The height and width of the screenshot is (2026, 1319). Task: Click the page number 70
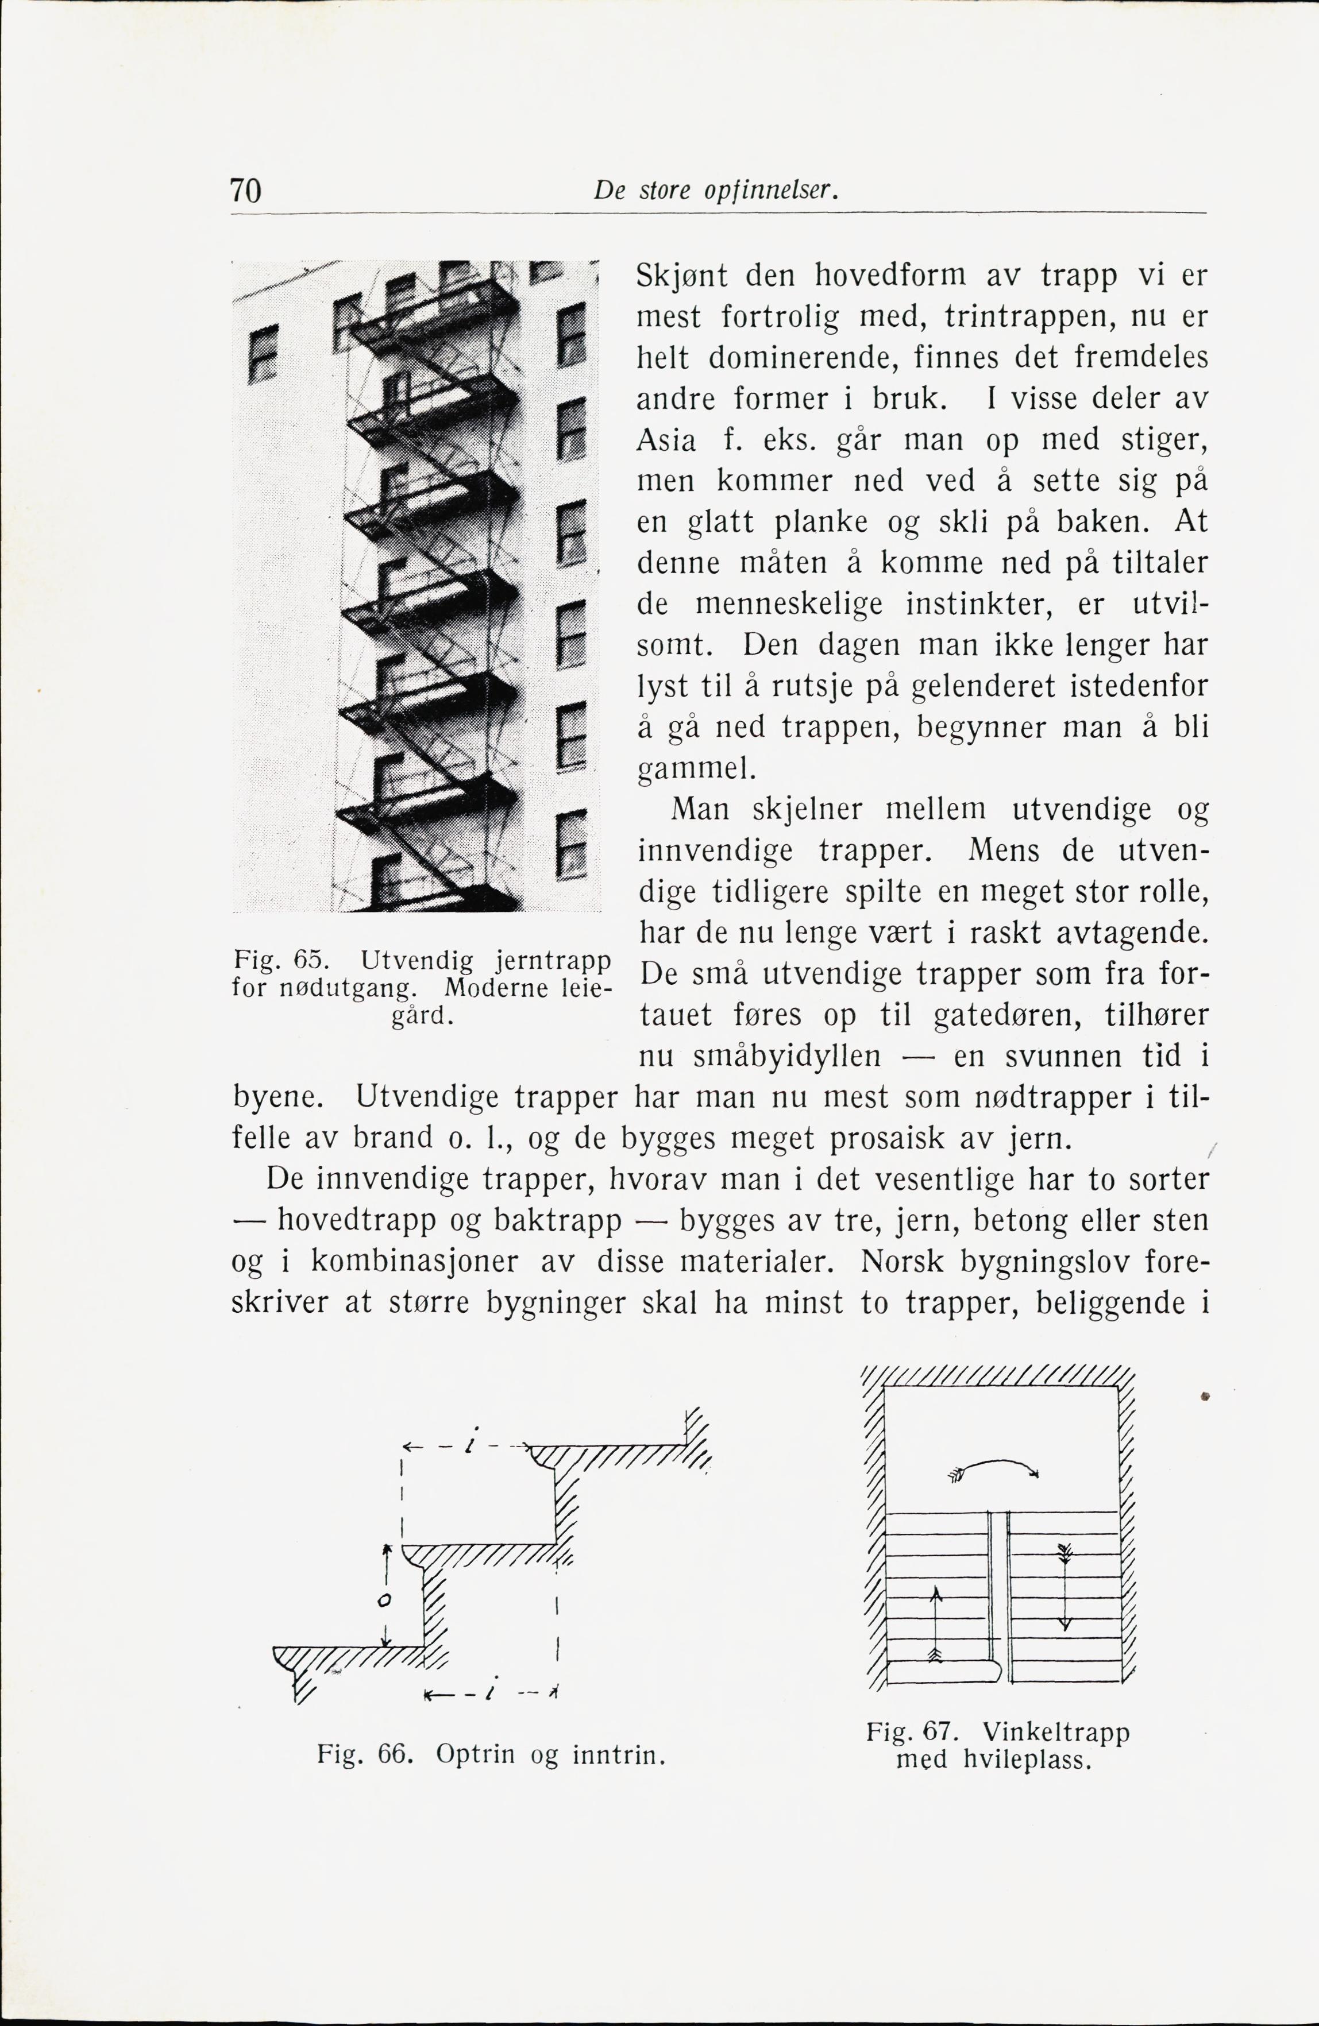click(245, 190)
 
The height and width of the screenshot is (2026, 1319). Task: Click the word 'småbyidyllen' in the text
click(787, 1057)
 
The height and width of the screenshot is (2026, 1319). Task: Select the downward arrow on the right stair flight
click(1063, 1585)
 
